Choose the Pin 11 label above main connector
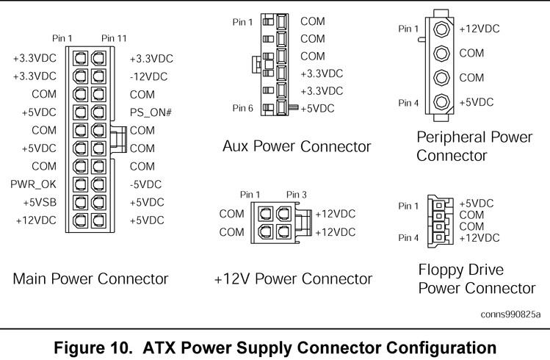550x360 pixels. (114, 38)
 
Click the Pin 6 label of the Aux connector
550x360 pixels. (242, 108)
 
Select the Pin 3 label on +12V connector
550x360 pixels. (297, 195)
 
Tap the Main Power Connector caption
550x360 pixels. (90, 279)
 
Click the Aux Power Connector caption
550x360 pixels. (297, 146)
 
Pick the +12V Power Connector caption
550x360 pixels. (293, 280)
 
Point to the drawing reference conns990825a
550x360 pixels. (510, 314)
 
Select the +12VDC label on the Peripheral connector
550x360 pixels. (480, 29)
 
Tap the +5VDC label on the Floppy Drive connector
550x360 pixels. (476, 204)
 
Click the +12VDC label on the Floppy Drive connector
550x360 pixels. (479, 237)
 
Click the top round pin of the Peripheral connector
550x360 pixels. (441, 29)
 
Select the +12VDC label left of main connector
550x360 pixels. (35, 220)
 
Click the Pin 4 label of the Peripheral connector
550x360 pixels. (408, 103)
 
